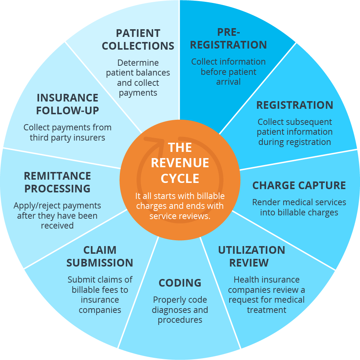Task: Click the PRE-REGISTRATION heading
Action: click(228, 38)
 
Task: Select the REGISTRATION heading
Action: click(295, 105)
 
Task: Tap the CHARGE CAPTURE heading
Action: click(299, 185)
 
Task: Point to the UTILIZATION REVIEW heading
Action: click(251, 256)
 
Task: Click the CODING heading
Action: click(180, 283)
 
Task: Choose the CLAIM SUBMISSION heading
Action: click(100, 256)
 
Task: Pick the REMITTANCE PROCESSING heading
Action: click(57, 182)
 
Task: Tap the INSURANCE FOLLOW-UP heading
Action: click(68, 104)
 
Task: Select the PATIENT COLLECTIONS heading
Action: click(138, 39)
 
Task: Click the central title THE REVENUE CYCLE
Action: click(180, 163)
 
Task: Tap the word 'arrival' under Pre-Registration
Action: click(228, 82)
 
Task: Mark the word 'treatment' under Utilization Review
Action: click(266, 310)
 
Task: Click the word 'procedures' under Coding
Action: click(180, 320)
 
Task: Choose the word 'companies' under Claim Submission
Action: click(100, 310)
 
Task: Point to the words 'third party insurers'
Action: click(68, 138)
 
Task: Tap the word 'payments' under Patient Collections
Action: click(138, 93)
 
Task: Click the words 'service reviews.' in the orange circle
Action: click(180, 216)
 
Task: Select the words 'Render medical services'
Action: click(299, 202)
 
